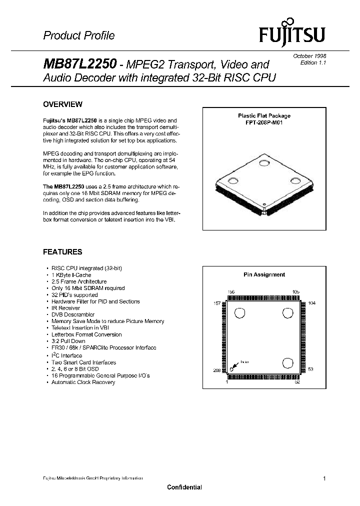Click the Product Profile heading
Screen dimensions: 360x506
[x=78, y=35]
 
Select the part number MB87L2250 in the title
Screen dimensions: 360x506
[x=80, y=64]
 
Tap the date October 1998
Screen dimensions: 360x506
[x=309, y=56]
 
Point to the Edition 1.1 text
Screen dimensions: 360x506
[x=313, y=62]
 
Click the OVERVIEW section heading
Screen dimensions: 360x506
[x=62, y=104]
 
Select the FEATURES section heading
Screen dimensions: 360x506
[x=62, y=252]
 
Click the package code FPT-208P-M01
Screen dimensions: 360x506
[x=264, y=122]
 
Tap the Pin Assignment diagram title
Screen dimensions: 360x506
[x=264, y=274]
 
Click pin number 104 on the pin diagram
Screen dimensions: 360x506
[x=311, y=303]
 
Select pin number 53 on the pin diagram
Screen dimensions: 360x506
[x=310, y=369]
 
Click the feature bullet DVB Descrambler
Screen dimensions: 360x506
[x=73, y=314]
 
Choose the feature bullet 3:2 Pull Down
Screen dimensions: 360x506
[x=68, y=341]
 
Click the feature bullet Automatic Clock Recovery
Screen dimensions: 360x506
[x=83, y=382]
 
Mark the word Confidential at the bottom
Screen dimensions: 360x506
[x=184, y=487]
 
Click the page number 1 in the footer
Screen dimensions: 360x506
[x=324, y=478]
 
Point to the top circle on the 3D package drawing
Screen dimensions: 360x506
[x=263, y=161]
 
